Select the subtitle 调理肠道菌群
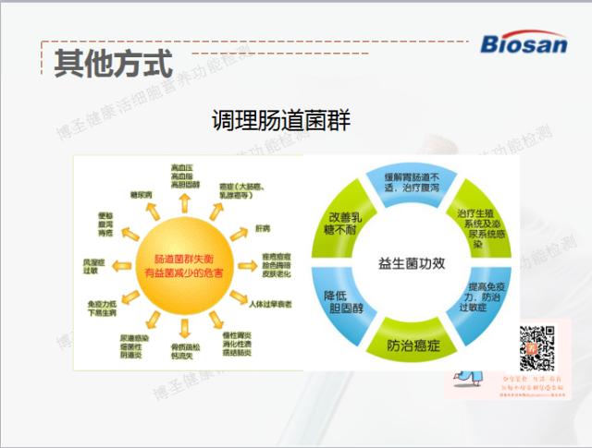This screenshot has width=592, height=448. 280,121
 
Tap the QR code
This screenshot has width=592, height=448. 537,347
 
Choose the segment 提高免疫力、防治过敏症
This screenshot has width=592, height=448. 485,298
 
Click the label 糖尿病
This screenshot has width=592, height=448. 140,194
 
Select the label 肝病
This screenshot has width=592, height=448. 263,228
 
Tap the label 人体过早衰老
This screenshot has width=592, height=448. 271,303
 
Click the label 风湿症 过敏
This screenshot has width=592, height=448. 94,266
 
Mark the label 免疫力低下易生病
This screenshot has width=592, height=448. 105,308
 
